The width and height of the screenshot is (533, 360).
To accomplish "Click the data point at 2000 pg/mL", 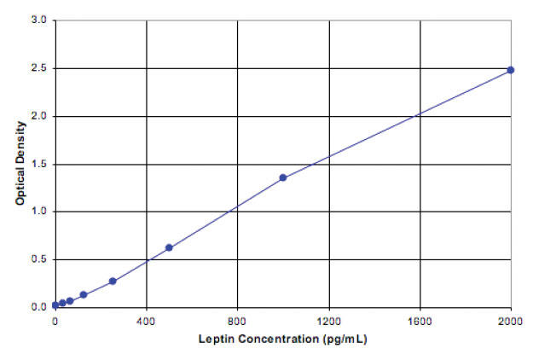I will [511, 70].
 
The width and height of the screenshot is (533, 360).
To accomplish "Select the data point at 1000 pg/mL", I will [283, 177].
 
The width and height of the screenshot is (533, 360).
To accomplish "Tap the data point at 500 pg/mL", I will [169, 247].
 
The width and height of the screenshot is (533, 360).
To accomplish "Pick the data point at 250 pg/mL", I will [113, 281].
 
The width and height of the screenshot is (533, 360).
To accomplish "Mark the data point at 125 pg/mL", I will [84, 294].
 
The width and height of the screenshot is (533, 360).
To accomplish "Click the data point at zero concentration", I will [55, 305].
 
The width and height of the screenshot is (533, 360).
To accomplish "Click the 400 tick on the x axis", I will [147, 322].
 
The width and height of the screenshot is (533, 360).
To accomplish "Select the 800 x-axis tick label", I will [238, 322].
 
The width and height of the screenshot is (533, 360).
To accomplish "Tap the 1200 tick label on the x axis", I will [329, 322].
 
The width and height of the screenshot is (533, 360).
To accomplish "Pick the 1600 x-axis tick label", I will [420, 322].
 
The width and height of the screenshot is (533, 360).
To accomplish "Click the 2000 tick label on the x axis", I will [511, 322].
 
